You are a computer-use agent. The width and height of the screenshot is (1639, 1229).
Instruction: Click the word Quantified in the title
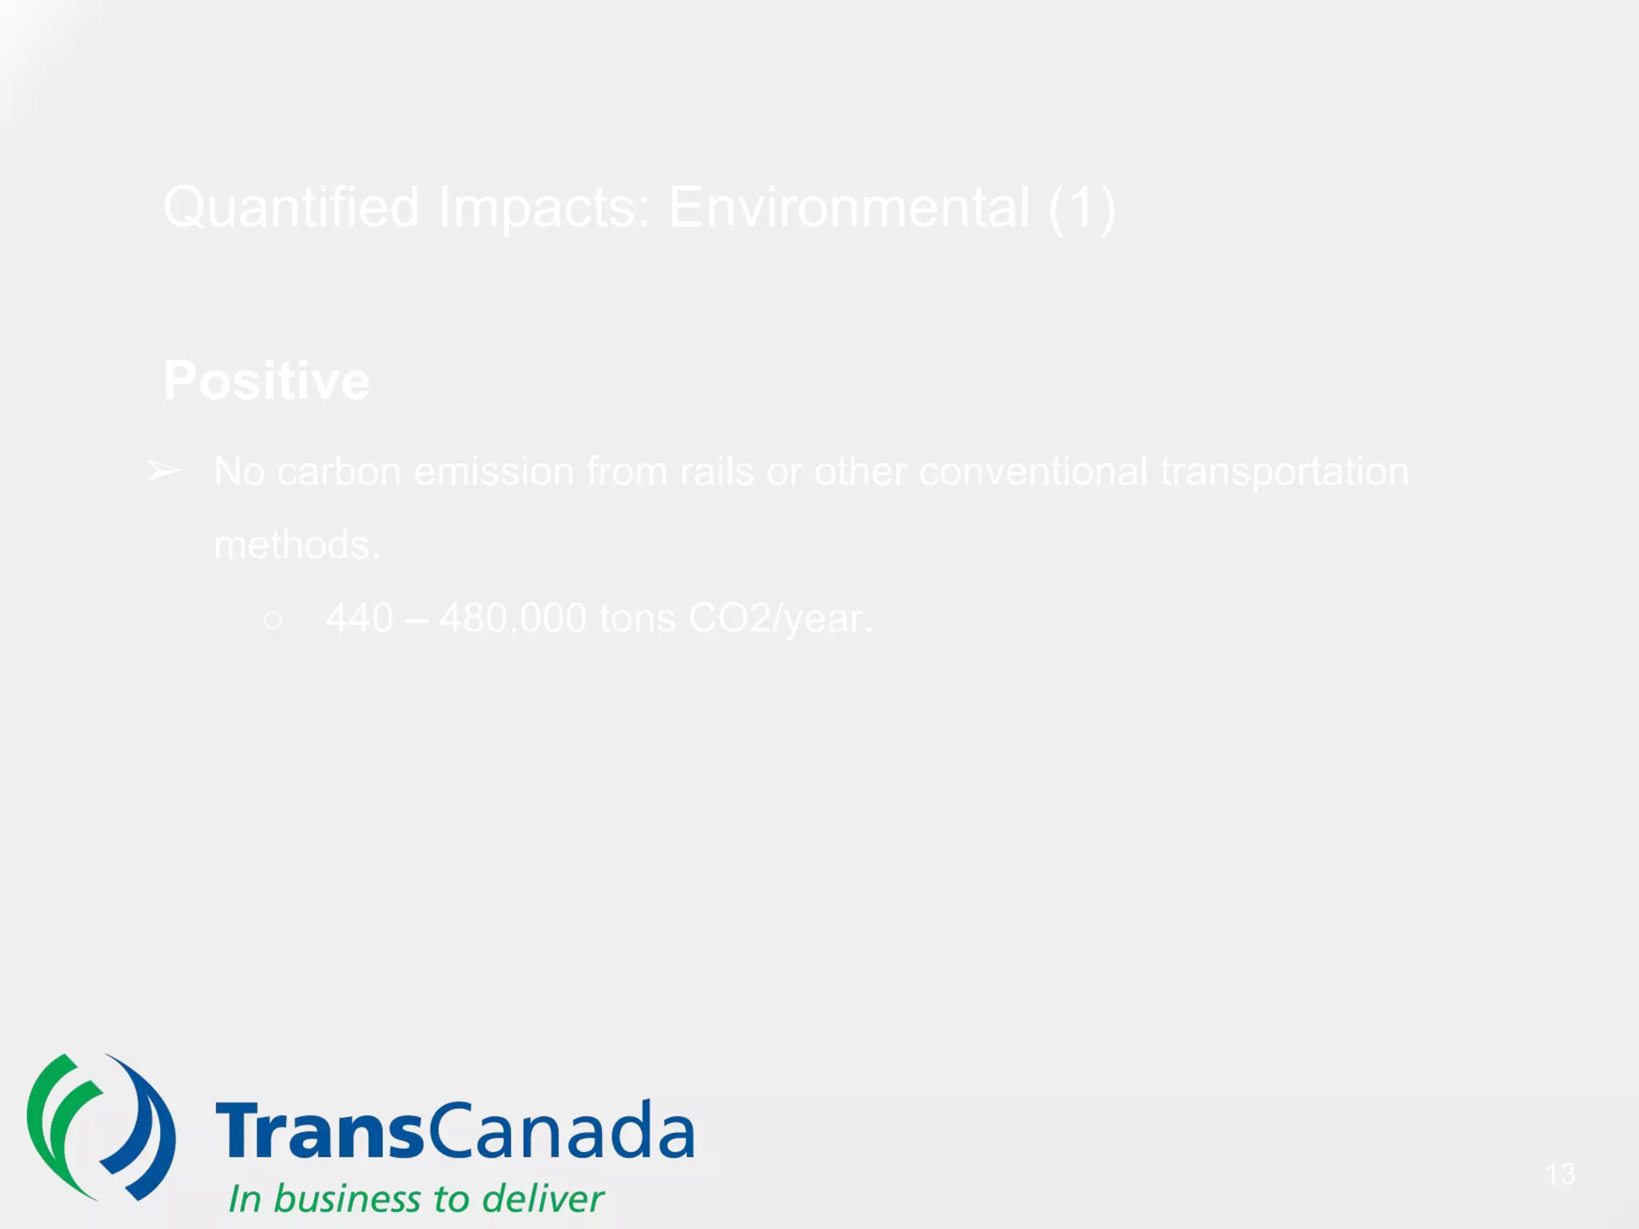coord(291,208)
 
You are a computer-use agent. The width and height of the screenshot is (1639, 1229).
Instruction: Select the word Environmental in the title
coord(848,208)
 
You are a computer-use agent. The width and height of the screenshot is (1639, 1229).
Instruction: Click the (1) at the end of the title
coord(1081,208)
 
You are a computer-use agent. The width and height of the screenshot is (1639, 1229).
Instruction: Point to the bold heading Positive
coord(266,380)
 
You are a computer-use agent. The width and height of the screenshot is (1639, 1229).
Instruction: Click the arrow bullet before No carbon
coord(163,470)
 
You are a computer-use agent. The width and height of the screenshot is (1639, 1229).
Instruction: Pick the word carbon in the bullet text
coord(339,471)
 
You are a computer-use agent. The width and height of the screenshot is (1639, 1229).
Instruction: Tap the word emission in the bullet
coord(494,471)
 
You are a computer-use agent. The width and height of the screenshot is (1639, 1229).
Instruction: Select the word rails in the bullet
coord(716,471)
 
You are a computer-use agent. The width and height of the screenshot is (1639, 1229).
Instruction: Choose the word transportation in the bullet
coord(1284,471)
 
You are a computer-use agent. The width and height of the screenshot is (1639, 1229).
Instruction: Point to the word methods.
coord(296,545)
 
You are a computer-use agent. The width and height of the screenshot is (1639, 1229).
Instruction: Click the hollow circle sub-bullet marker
coord(272,619)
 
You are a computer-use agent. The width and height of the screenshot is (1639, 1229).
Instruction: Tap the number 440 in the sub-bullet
coord(359,619)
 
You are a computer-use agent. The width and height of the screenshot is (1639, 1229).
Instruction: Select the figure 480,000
coord(513,619)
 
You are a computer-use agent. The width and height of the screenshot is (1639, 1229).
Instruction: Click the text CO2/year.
coord(780,619)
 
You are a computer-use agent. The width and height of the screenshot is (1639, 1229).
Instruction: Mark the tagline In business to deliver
coord(416,1199)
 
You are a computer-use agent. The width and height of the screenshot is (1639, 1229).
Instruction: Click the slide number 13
coord(1560,1174)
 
